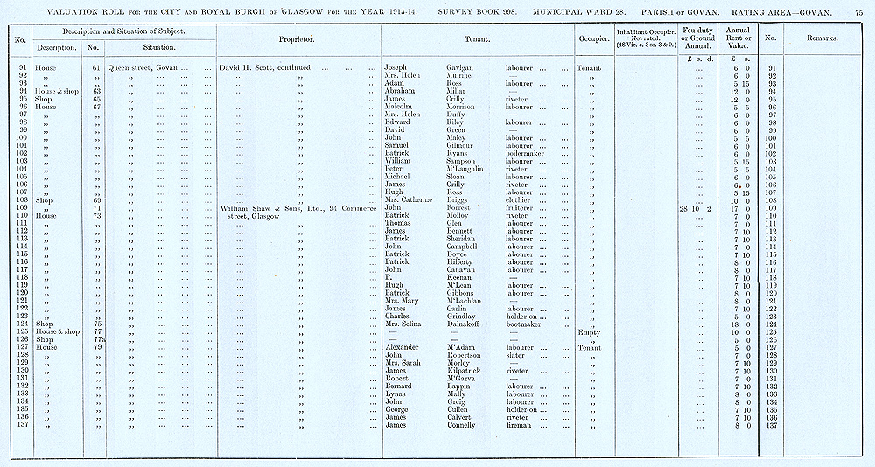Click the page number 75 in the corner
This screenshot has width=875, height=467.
(x=858, y=11)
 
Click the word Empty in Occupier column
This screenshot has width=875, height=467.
(x=589, y=332)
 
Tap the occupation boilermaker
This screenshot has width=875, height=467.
(x=528, y=154)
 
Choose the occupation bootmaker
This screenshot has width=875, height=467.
(x=526, y=324)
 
